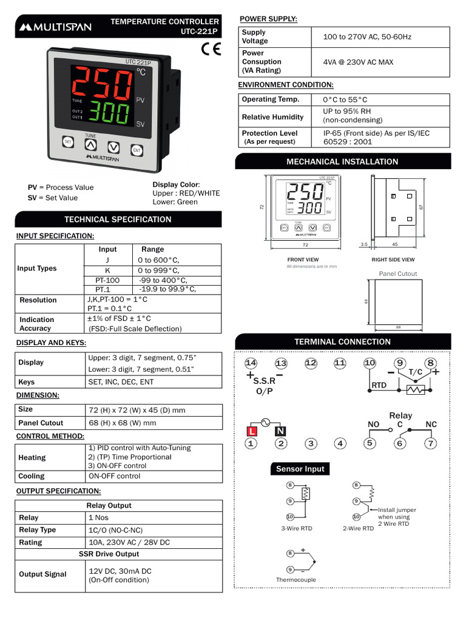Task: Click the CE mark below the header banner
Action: [211, 49]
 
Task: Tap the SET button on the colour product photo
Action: [68, 142]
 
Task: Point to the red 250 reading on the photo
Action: [102, 82]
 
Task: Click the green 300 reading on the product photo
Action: [109, 112]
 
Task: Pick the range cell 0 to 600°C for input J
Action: [158, 260]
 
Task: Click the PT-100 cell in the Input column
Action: [107, 280]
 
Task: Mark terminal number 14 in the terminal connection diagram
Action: [251, 363]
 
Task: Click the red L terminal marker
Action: [252, 431]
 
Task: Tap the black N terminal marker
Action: [280, 431]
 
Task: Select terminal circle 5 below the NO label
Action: [370, 443]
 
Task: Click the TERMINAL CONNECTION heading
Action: [342, 342]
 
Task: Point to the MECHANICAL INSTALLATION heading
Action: [342, 161]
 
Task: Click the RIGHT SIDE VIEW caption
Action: [393, 260]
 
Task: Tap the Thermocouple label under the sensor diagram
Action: [296, 580]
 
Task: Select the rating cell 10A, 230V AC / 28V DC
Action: [129, 542]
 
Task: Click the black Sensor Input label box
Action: [300, 469]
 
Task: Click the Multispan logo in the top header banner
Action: [55, 27]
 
